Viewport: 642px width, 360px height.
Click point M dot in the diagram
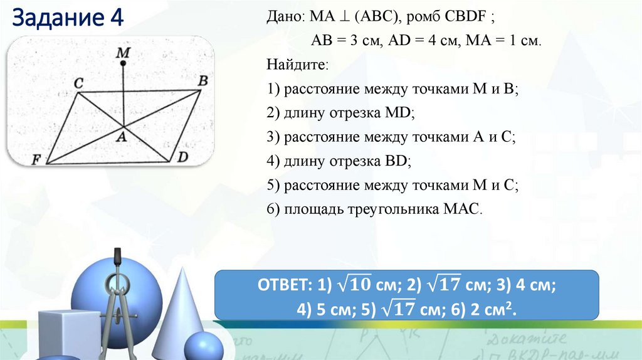[124, 63]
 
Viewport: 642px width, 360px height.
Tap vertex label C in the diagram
[78, 82]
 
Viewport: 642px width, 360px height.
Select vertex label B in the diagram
[203, 80]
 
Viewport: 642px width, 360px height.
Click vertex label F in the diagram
[36, 160]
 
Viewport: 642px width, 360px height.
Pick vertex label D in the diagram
[182, 156]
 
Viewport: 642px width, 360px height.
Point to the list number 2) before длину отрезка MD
[273, 113]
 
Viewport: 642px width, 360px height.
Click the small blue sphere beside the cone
[203, 346]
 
